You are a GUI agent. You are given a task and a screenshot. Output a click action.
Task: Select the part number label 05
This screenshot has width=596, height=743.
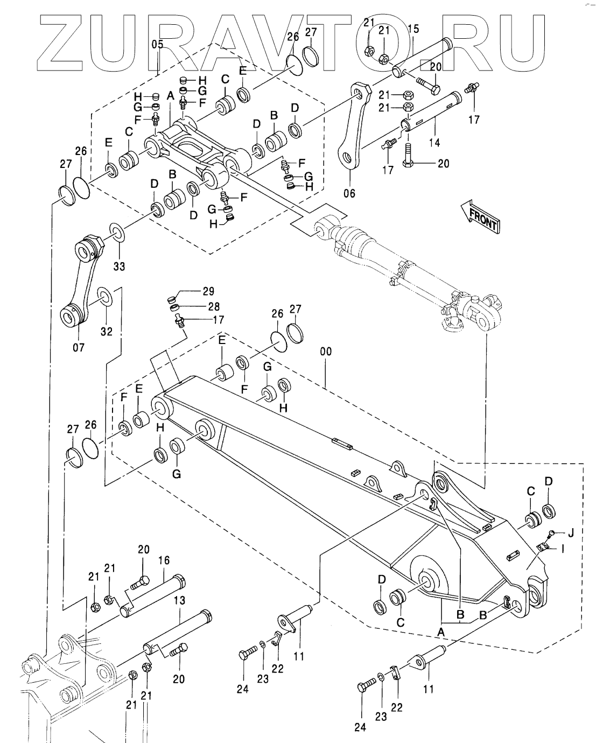157,45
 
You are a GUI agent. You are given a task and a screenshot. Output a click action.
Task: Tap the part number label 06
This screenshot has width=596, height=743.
349,193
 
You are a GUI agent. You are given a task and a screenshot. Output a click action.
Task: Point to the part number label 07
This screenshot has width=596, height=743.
79,347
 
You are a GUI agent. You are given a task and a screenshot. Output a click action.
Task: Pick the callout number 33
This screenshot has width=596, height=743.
119,266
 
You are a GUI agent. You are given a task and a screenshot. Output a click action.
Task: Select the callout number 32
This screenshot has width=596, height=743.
107,331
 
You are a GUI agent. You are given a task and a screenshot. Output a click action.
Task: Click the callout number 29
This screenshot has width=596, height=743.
208,292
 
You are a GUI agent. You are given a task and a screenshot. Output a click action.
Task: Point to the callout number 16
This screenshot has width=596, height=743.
164,560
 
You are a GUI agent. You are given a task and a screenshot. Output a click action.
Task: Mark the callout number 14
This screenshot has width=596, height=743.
435,143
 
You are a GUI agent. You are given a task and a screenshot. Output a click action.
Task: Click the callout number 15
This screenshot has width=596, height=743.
413,30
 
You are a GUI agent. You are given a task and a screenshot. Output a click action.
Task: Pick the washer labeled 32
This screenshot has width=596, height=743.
104,297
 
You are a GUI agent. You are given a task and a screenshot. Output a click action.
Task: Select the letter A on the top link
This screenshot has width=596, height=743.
170,96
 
